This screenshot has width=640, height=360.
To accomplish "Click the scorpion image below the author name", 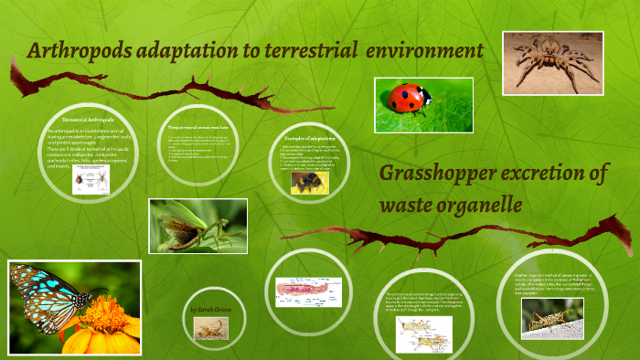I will [210, 328].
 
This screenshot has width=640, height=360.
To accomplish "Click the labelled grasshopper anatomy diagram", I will [423, 334].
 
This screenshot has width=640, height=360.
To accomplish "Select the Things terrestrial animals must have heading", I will [197, 127].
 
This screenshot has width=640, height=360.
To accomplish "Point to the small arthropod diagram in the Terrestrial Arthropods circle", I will [91, 181].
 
